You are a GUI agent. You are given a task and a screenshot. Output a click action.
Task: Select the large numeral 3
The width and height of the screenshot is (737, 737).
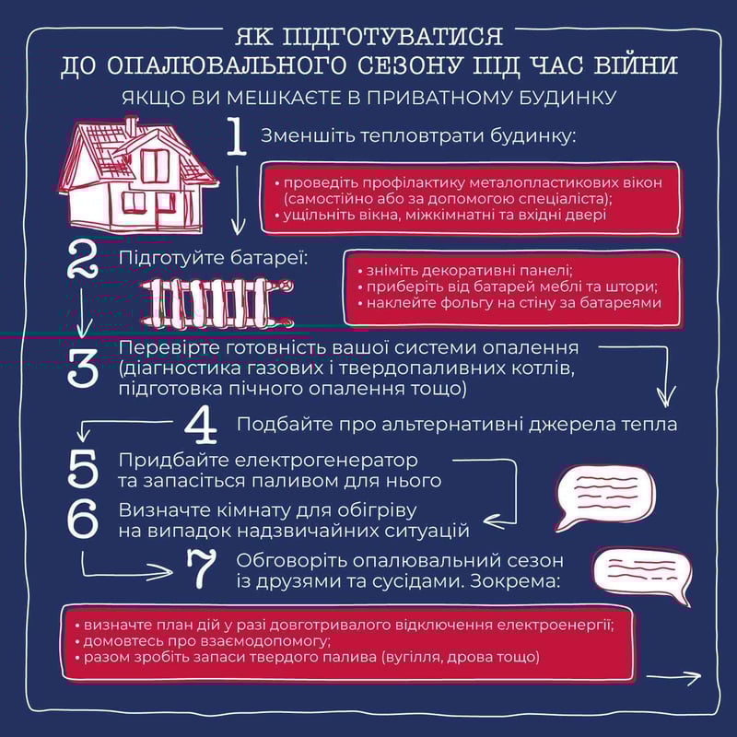tap(84, 368)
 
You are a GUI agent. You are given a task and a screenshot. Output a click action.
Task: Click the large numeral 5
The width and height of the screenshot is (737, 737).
tap(83, 470)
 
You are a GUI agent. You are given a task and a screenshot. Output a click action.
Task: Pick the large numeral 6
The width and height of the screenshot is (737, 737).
tap(83, 520)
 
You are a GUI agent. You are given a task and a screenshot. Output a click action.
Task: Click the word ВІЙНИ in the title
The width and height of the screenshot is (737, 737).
tap(637, 67)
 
